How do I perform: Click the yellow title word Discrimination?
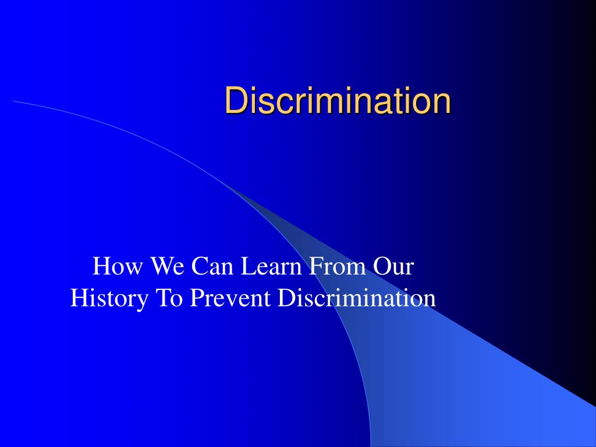coord(338,101)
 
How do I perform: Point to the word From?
coord(338,267)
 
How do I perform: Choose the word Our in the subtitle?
coord(393,267)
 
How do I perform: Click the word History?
coord(108,298)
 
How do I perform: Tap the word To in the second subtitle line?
coord(167,298)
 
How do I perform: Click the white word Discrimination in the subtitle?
coord(356,298)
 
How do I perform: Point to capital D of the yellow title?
coord(234,101)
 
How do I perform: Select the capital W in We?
coord(161,267)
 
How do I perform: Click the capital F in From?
coord(314,267)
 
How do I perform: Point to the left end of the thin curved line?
coord(14,101)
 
